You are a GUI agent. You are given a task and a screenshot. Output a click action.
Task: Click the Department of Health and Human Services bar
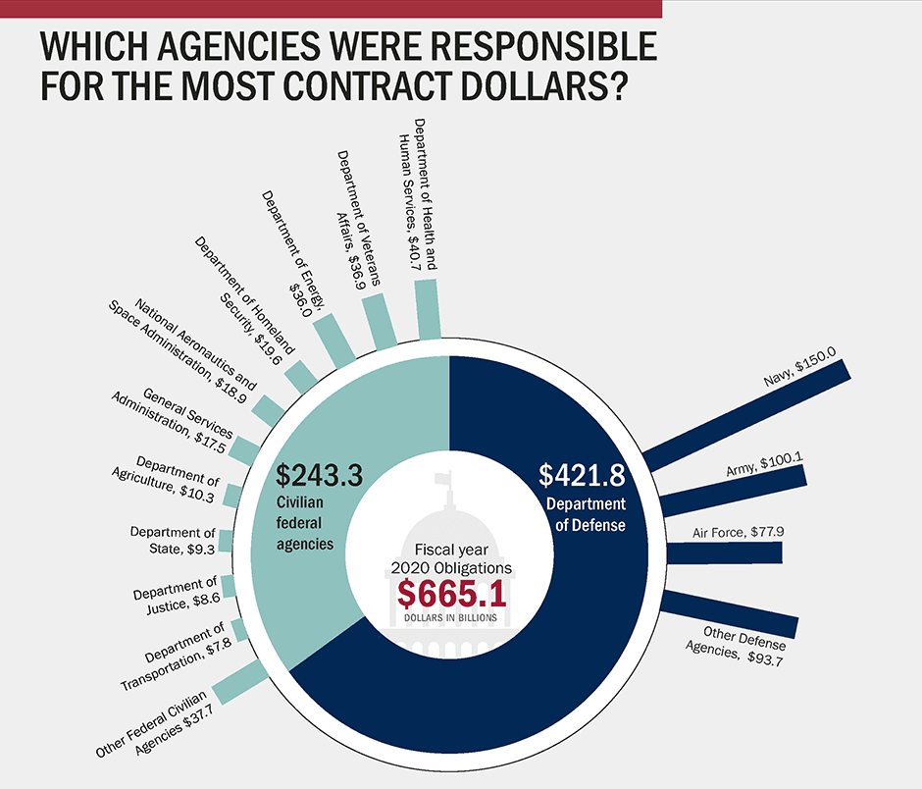(429, 308)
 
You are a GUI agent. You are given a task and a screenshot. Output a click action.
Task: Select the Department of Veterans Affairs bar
(380, 321)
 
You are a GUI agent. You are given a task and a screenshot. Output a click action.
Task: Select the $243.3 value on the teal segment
(319, 476)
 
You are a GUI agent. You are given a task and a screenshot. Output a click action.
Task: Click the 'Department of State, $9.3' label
(173, 540)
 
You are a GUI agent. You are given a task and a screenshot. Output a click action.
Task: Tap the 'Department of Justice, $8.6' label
(176, 596)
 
